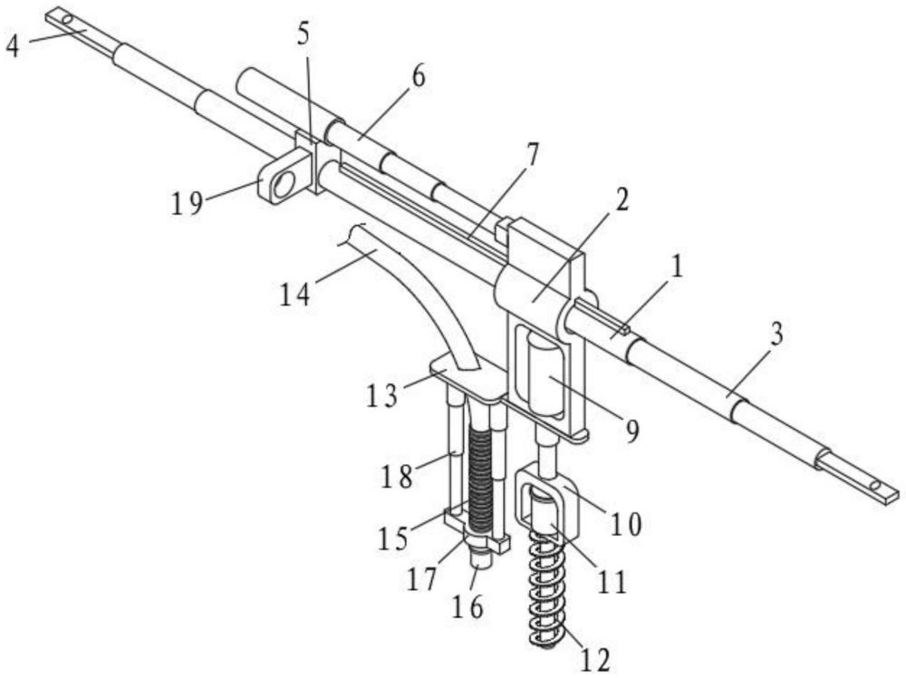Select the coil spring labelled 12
tap(545, 589)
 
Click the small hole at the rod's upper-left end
tap(66, 17)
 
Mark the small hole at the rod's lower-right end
tap(876, 488)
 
